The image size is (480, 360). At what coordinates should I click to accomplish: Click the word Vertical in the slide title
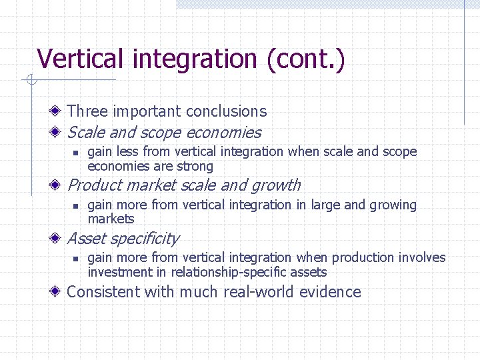pyautogui.click(x=81, y=59)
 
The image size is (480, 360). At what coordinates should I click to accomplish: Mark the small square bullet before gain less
pyautogui.click(x=76, y=153)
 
